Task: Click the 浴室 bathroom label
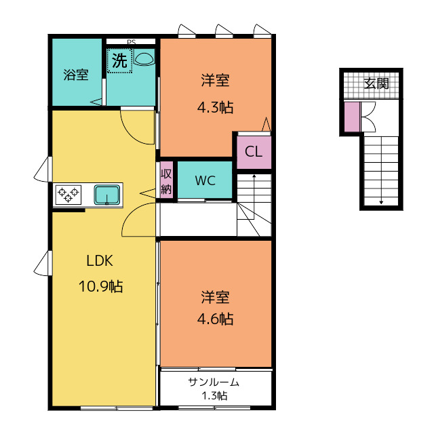76,75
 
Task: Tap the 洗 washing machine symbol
119,60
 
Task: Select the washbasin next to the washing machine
144,58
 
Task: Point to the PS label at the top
131,42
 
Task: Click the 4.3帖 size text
216,107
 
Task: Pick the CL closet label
253,152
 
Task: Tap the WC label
205,181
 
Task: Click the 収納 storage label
166,181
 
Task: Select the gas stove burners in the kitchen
68,195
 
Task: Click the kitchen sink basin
107,195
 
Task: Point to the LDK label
100,260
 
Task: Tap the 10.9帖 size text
101,286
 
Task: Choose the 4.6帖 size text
216,319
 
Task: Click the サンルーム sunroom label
214,382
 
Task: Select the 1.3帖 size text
214,396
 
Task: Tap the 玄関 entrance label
376,83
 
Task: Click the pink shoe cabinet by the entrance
352,117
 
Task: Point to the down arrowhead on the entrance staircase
381,202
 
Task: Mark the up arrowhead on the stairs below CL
254,176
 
